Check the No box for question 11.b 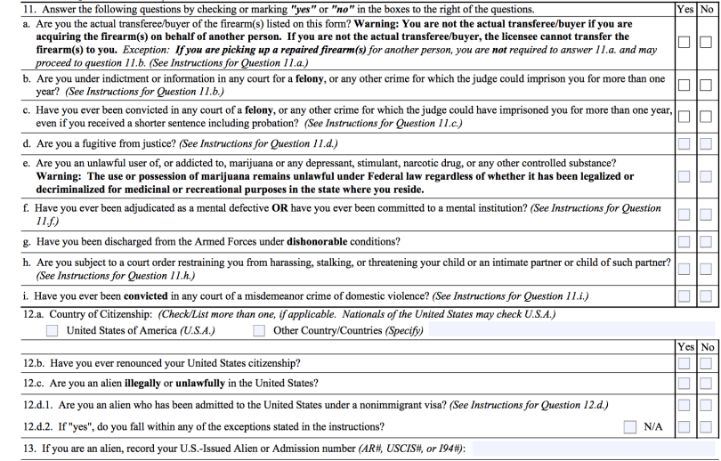tap(707, 85)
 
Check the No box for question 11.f tap(707, 214)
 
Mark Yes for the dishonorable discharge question tap(685, 243)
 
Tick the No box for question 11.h tap(707, 271)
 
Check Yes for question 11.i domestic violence tap(685, 296)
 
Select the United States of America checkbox tap(53, 331)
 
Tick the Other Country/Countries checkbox tap(259, 331)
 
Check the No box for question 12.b tap(707, 363)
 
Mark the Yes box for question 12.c tap(685, 384)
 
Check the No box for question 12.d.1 tap(707, 405)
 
